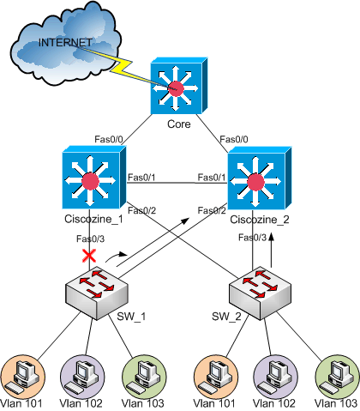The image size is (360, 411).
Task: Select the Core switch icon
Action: click(179, 86)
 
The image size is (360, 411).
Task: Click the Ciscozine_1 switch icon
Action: click(93, 178)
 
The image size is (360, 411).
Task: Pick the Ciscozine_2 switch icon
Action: click(259, 178)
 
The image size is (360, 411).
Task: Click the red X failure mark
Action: click(89, 256)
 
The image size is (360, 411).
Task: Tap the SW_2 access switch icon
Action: click(260, 293)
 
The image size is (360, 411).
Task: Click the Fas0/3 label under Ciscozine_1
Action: click(90, 239)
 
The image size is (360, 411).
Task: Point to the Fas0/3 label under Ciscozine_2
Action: click(252, 238)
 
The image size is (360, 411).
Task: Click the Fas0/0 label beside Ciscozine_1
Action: click(109, 139)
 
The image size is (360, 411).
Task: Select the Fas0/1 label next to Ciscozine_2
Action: click(212, 178)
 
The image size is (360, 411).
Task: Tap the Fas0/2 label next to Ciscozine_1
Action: click(141, 211)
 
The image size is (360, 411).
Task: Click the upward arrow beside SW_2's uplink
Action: click(272, 251)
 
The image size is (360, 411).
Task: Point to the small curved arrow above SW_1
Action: click(116, 256)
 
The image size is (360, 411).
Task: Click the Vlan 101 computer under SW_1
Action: click(23, 377)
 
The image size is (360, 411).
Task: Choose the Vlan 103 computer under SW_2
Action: click(337, 377)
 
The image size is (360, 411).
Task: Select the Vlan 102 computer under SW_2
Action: click(275, 377)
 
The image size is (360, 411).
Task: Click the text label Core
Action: click(179, 124)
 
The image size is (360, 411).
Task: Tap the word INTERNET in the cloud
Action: click(65, 43)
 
